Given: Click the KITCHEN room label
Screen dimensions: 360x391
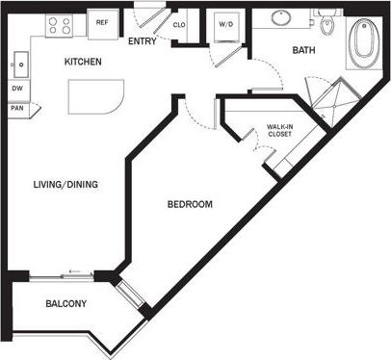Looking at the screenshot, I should [84, 63].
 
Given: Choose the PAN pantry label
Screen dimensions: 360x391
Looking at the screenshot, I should [17, 108].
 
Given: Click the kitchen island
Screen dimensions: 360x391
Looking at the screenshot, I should [94, 97].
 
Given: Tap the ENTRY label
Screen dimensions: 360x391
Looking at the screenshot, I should [142, 41].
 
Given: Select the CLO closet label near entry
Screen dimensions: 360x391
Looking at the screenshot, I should [179, 25].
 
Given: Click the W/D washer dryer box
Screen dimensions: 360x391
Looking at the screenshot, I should [226, 26].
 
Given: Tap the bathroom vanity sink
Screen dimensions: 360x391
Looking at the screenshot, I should [283, 17].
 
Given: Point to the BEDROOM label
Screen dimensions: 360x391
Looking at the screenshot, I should [190, 205].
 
